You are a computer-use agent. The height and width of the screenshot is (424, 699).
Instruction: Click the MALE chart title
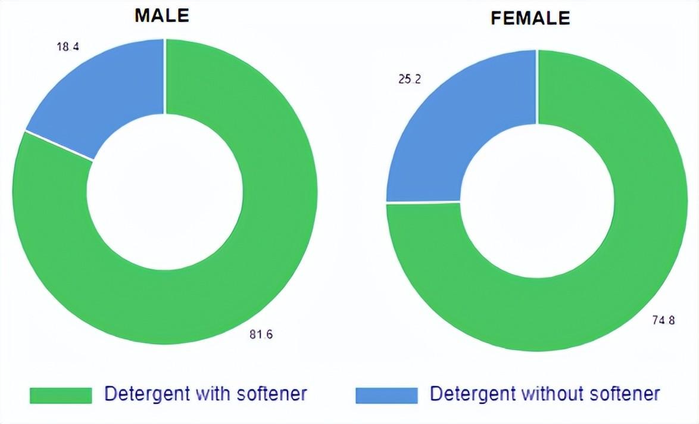(x=161, y=16)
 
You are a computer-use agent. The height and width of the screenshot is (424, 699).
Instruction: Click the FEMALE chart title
(x=530, y=18)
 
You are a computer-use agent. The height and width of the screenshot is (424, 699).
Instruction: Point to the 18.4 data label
(x=67, y=46)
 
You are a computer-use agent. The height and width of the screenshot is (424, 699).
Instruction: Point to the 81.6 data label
(x=261, y=335)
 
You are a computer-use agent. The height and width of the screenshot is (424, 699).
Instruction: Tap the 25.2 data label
(x=410, y=79)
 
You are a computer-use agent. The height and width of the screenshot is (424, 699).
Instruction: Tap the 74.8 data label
(x=663, y=320)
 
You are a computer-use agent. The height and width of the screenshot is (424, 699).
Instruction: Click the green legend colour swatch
(x=61, y=395)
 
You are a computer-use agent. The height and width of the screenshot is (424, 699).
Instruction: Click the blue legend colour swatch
(x=386, y=395)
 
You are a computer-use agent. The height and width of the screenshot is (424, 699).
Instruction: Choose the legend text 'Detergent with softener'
(x=205, y=394)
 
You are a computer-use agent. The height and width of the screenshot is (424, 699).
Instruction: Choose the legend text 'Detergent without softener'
(x=545, y=394)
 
